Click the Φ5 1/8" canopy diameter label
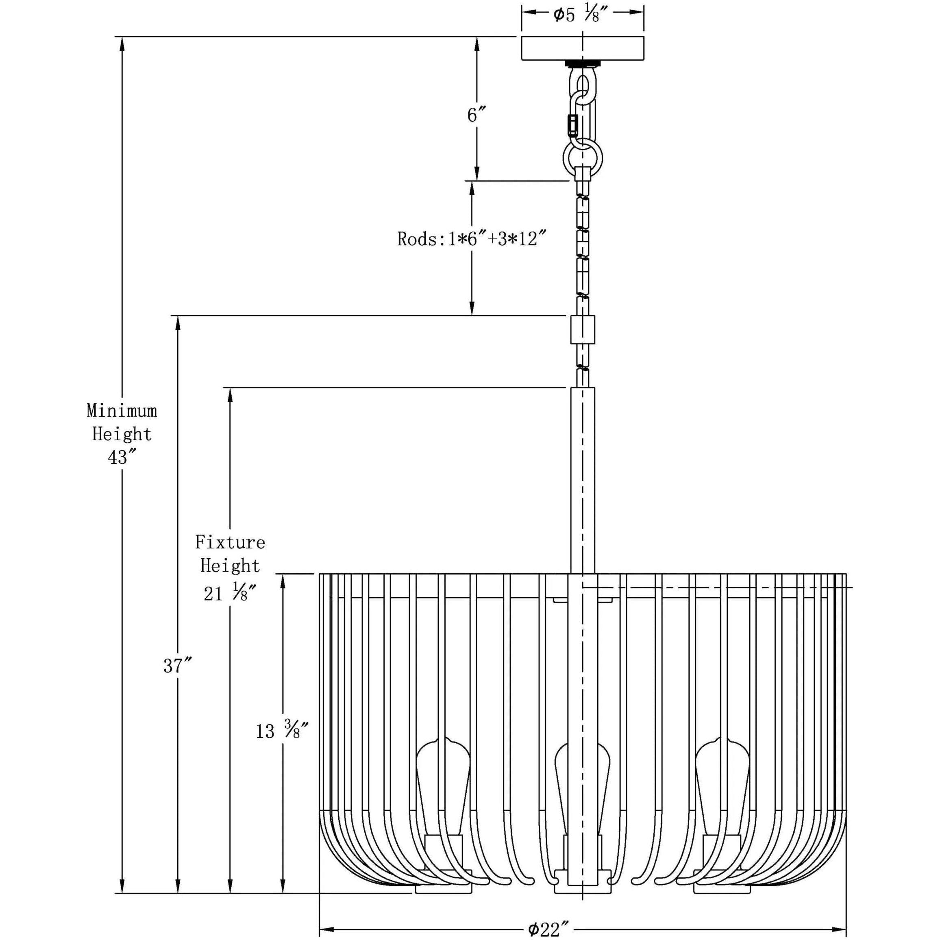point(583,15)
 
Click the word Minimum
point(122,411)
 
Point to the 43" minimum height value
point(122,457)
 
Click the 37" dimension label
point(178,666)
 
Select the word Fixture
point(230,542)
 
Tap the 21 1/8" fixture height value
point(230,594)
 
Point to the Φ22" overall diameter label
point(548,929)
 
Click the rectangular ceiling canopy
point(583,48)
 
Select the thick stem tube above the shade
point(582,479)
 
